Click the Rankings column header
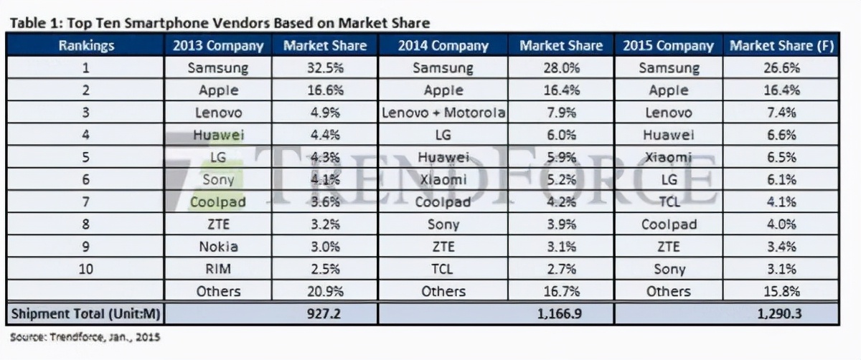86,46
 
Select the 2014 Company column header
443,46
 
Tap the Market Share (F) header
781,46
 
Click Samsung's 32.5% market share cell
324,69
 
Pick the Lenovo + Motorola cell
443,113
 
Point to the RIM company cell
217,269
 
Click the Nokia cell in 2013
217,247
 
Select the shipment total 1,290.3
781,314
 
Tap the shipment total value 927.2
324,314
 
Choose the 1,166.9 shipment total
560,314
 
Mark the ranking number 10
86,269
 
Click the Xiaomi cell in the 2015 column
668,158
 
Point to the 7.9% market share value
560,113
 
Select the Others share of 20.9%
324,291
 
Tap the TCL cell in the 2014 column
443,269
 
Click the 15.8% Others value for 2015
781,291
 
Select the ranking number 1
86,69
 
